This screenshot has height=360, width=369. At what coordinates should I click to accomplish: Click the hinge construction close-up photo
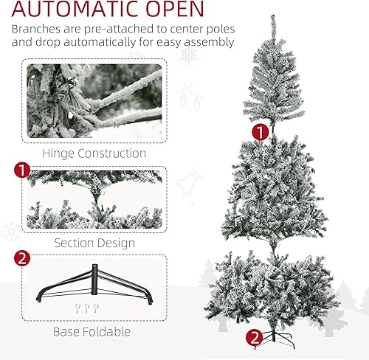tap(94, 100)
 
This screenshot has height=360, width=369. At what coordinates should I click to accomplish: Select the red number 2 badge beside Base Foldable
tap(22, 260)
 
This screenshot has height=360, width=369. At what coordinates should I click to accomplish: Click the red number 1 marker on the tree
tap(259, 132)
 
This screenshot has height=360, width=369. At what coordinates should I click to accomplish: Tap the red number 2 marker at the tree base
tap(255, 338)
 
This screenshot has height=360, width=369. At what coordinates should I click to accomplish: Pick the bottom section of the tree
tap(274, 291)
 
